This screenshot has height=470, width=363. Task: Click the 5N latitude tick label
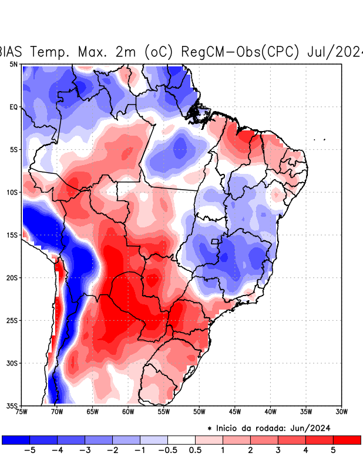tap(13, 64)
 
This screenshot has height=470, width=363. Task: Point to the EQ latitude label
tap(13, 107)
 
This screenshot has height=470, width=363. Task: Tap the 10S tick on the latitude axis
tap(12, 192)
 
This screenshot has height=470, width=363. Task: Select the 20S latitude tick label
tap(12, 277)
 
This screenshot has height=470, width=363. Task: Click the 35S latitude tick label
tap(12, 405)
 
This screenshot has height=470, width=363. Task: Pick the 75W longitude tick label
tap(22, 411)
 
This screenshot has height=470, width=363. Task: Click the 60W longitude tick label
tap(127, 411)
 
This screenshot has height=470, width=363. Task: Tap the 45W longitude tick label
tap(234, 411)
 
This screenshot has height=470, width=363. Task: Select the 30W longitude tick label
tap(341, 411)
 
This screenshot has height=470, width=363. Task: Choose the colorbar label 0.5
tap(195, 450)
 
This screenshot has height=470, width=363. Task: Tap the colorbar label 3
tap(278, 450)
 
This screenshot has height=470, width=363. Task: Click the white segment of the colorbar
tap(181, 439)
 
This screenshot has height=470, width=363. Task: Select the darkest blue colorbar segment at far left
tap(15, 439)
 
